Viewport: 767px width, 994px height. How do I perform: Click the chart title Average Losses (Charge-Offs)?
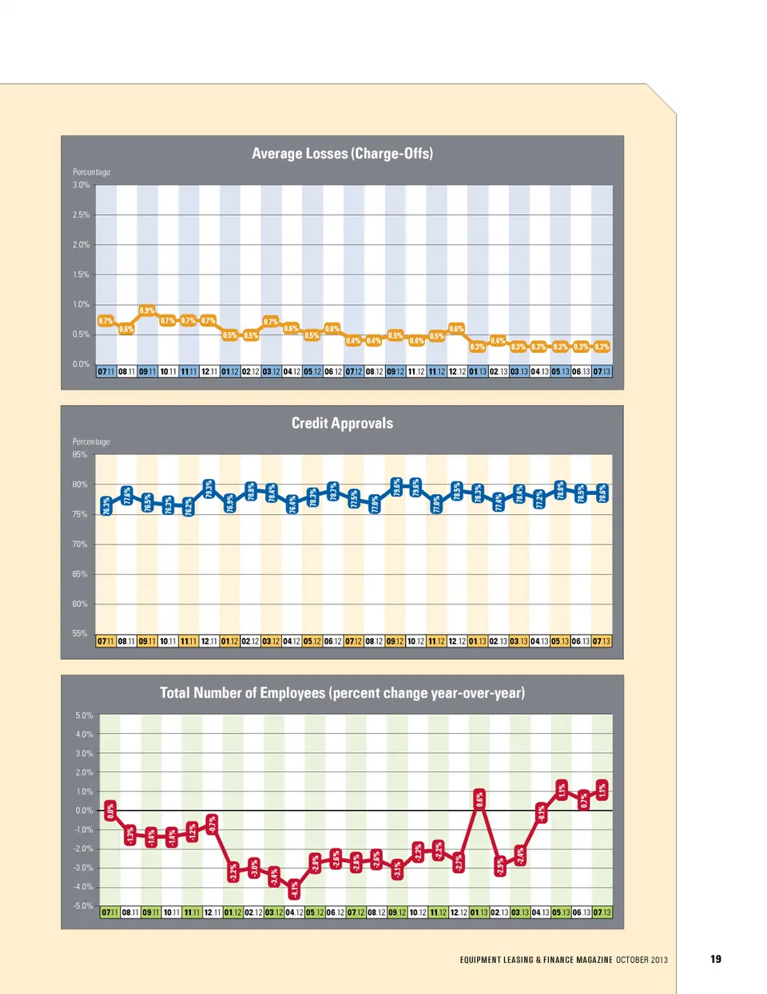tap(342, 153)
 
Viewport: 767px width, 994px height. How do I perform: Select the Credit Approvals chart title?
tap(342, 423)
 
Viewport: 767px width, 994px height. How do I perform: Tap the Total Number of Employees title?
tap(342, 693)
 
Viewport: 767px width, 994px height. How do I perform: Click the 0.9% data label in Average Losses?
tap(147, 311)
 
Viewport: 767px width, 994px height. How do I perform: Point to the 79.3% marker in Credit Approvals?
tap(209, 489)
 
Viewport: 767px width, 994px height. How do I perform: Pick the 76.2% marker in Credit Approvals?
tap(189, 506)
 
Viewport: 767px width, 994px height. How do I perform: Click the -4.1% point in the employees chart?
tap(294, 888)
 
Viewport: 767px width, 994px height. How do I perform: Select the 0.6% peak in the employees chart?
tap(479, 799)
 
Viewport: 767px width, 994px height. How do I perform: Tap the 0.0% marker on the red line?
tap(110, 810)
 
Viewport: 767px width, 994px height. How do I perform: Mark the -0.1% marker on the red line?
tap(541, 813)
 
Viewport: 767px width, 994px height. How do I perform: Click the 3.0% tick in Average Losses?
tap(81, 185)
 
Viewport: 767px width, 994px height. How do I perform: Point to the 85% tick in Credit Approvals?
tap(80, 455)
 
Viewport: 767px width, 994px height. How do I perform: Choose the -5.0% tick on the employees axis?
tap(84, 906)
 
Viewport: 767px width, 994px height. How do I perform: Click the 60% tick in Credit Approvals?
tap(80, 604)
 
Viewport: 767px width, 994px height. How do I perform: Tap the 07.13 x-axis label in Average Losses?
tap(602, 372)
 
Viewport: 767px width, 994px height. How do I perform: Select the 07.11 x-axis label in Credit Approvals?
tap(106, 641)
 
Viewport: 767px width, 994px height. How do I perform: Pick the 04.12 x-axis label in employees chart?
tap(295, 913)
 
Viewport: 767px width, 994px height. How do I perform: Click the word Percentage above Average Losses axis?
tap(92, 172)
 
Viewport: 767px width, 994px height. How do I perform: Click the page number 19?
tap(716, 960)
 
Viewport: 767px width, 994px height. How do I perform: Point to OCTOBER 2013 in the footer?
tap(642, 960)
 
